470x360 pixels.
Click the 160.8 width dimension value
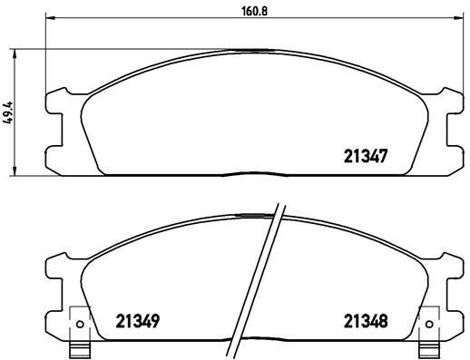(x=240, y=12)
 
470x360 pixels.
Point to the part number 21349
(x=138, y=321)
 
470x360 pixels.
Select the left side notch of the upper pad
(x=56, y=123)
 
